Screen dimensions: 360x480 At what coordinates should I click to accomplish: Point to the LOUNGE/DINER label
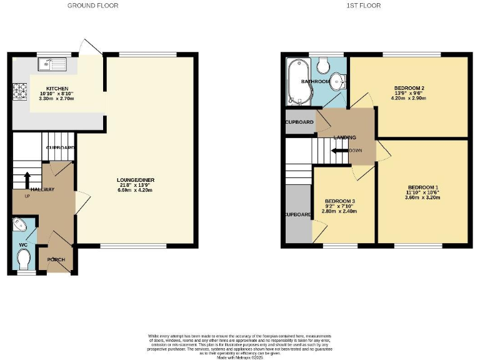coord(136,181)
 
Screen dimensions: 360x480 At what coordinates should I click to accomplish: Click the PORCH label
coord(56,259)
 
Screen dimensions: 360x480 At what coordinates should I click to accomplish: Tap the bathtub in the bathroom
coord(294,82)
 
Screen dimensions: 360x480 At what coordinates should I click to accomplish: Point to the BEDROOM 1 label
coord(424,187)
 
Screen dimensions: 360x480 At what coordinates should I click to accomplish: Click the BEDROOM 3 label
coord(339,201)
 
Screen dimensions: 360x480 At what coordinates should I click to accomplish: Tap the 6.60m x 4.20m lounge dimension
coord(136,190)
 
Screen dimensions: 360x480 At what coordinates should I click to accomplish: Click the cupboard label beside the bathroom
coord(299,122)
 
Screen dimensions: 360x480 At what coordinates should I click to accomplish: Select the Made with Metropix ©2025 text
coord(240,357)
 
